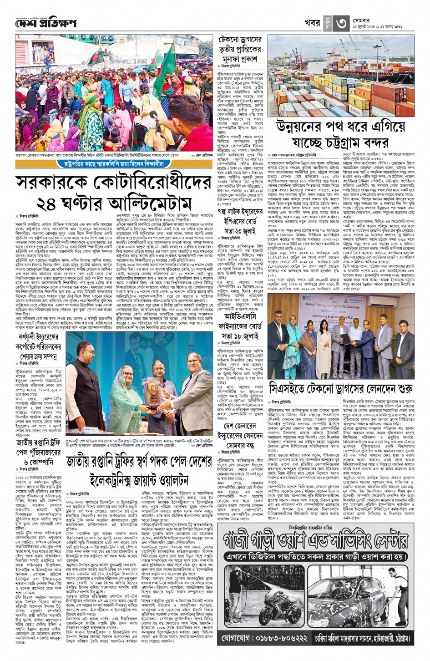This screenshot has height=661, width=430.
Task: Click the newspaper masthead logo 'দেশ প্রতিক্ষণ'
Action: click(x=46, y=23)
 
